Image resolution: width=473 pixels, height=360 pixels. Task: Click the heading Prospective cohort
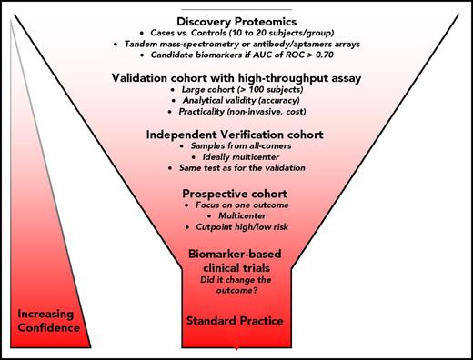click(236, 194)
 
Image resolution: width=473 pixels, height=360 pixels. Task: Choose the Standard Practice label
click(236, 321)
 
